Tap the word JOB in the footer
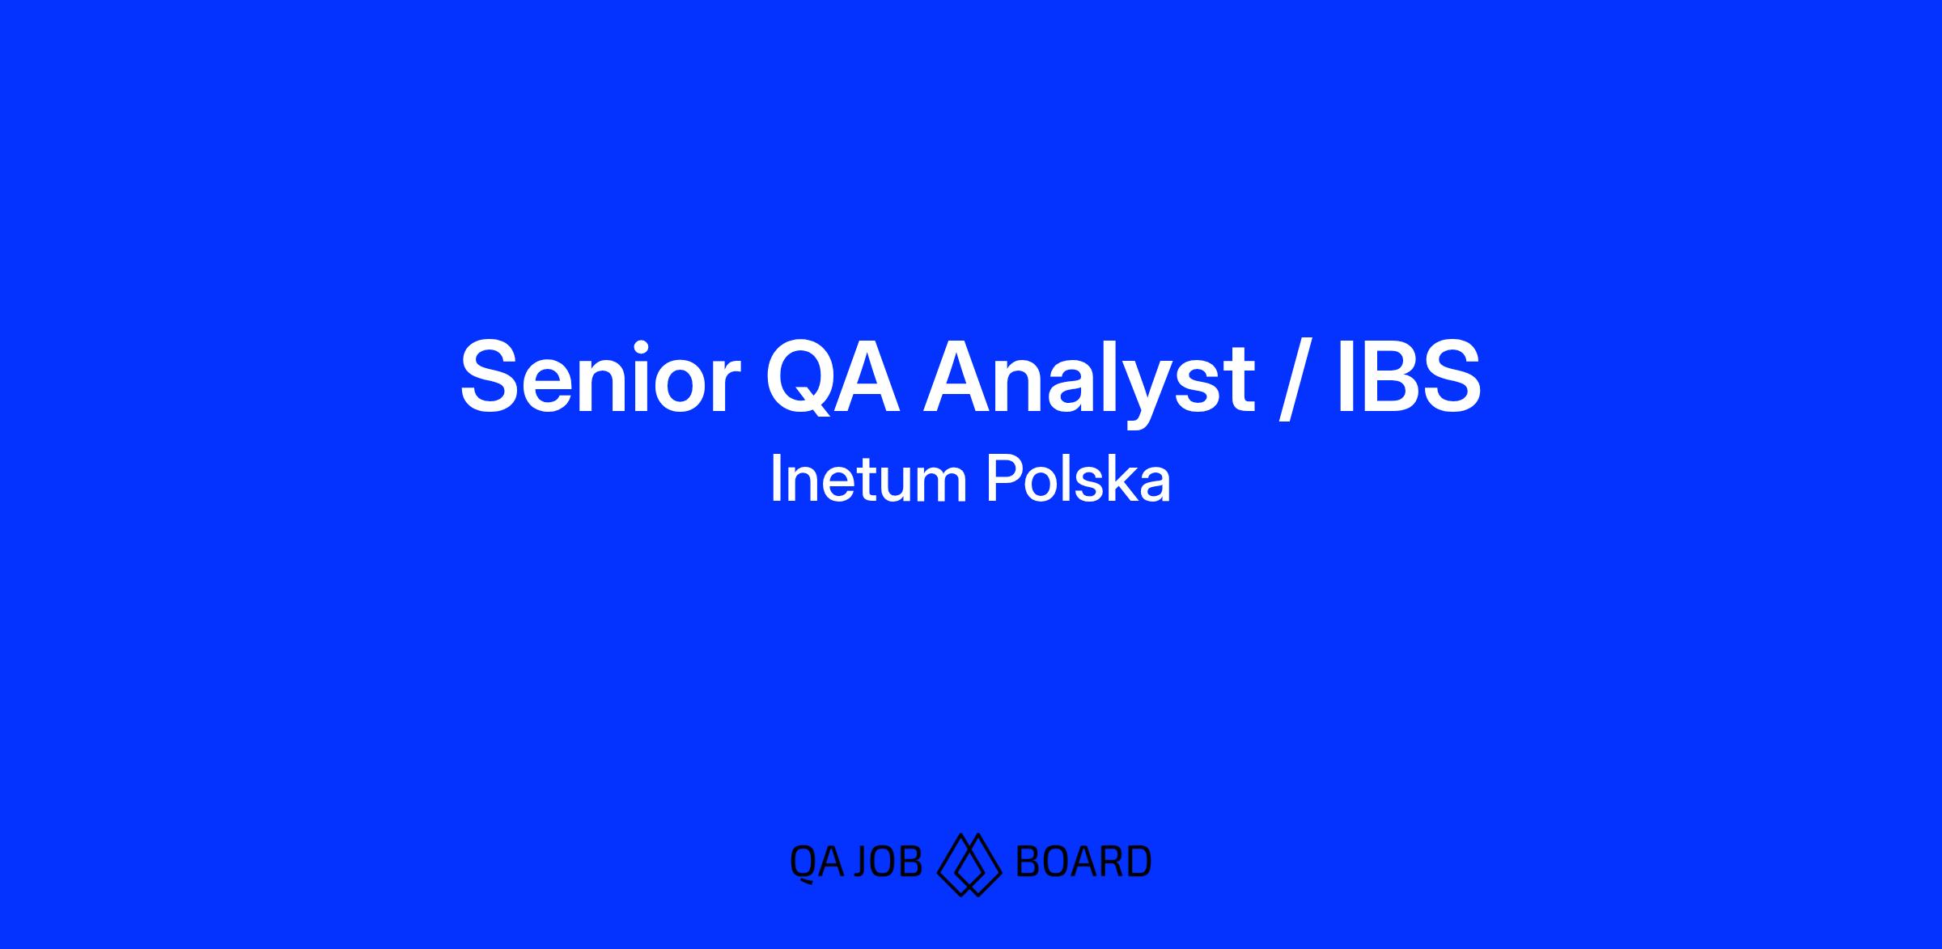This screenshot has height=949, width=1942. coord(888,862)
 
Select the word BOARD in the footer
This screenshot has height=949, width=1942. coord(1083,862)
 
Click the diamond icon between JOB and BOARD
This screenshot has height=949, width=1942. coord(969,864)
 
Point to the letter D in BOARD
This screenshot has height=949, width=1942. coord(1138,862)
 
